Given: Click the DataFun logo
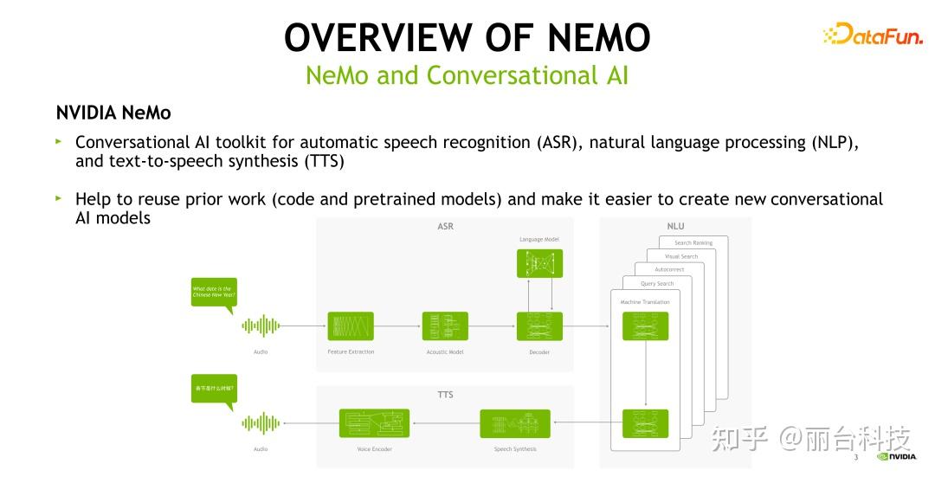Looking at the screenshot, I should coord(872,35).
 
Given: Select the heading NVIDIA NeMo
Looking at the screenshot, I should coord(113,113).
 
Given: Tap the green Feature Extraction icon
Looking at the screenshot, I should coord(351,326).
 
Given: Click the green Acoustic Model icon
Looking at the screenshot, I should coord(445,326).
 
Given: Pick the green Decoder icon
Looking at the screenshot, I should coord(539,326).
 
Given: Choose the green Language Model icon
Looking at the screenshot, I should coord(539,263).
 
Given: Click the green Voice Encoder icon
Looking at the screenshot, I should coord(374,423).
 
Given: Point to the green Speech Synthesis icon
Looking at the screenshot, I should coord(514,423).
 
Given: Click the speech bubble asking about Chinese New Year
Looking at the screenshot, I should coord(213,292).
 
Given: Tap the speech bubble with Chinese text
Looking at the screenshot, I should coord(213,388).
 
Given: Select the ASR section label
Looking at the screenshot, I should coord(445,227).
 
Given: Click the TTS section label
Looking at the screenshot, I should coord(445,395).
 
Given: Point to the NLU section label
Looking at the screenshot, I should coord(675,227).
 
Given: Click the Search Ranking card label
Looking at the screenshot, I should coord(693,243).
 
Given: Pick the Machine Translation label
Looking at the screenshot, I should coord(645,302).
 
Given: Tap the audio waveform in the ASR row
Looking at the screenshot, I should coord(261,326).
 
